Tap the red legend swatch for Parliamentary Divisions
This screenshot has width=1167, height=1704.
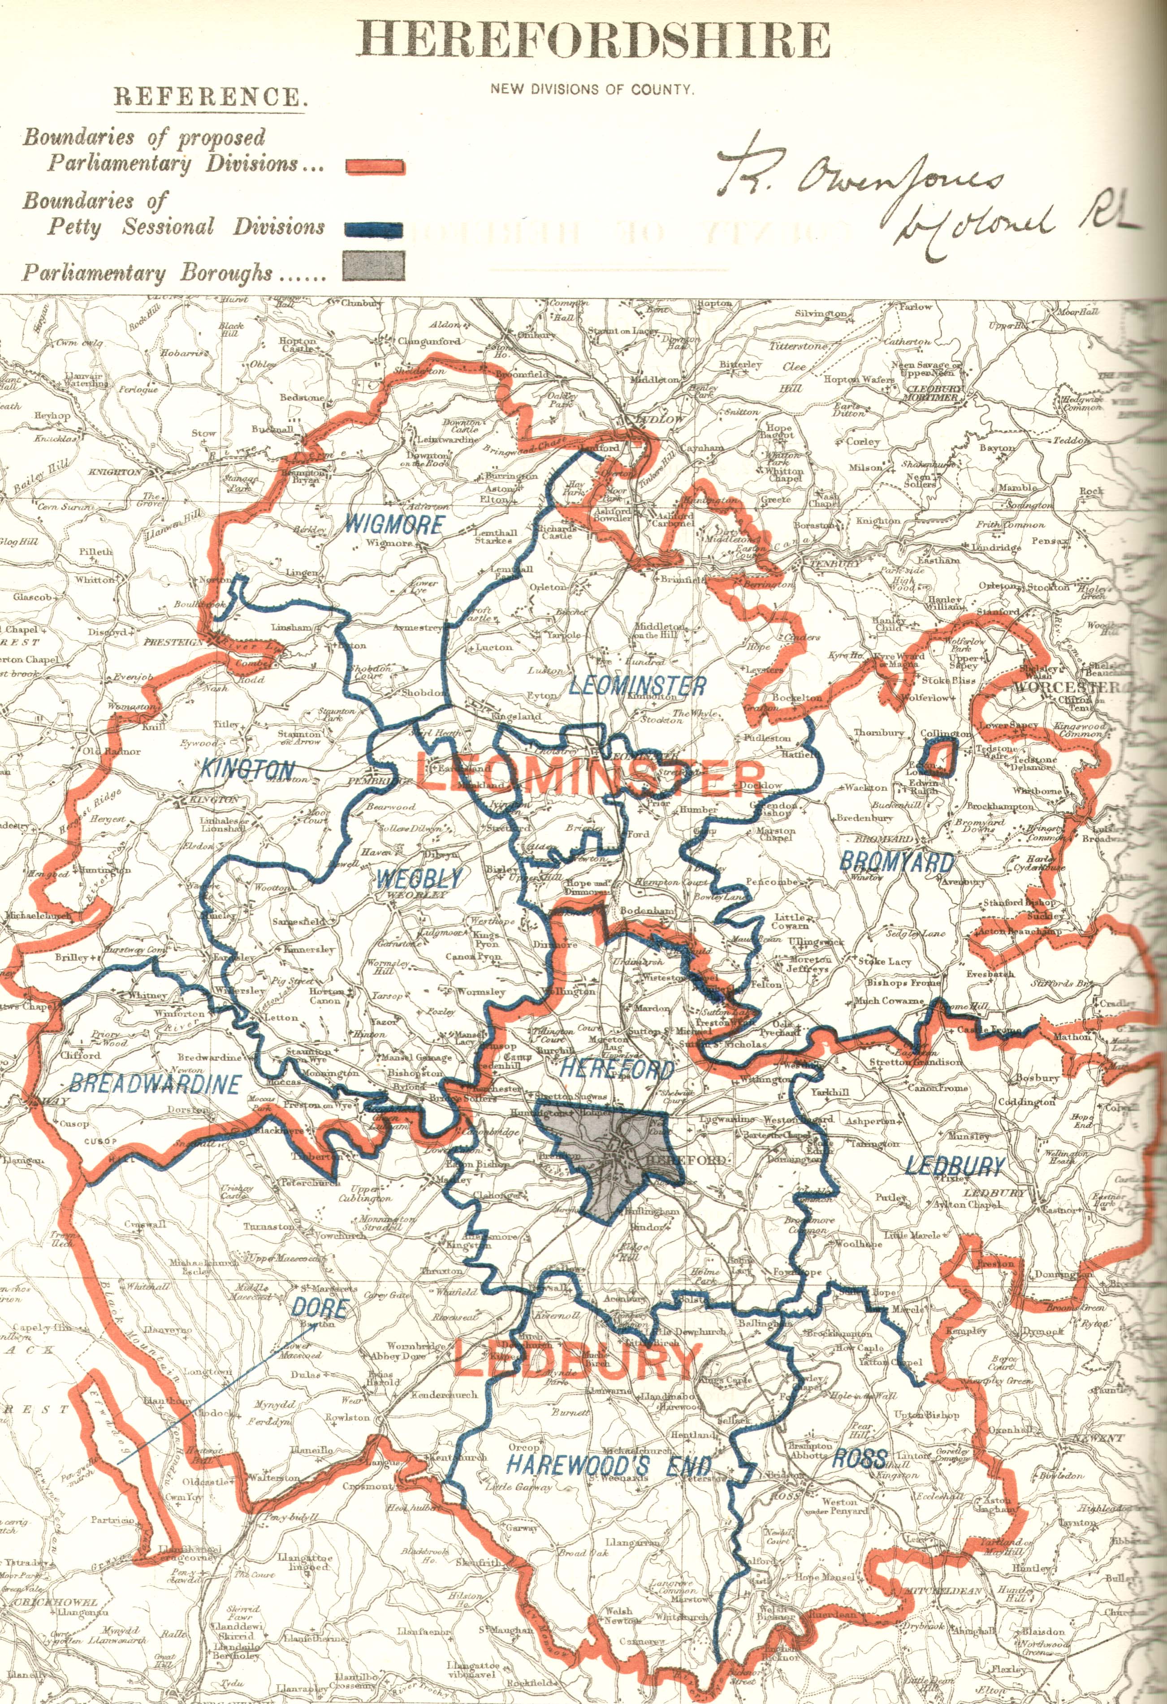pos(374,167)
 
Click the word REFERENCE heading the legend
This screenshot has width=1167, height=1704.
pos(207,98)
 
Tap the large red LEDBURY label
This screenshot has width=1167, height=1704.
pos(574,1362)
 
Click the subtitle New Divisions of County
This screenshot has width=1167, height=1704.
pos(592,90)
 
